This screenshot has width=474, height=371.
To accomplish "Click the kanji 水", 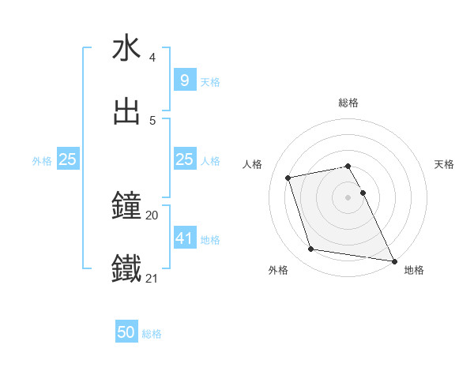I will click(x=127, y=48).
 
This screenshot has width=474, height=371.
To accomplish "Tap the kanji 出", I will click(x=127, y=111).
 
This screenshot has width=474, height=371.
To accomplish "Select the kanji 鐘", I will click(x=127, y=207).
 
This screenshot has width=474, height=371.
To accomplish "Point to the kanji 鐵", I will click(x=127, y=269).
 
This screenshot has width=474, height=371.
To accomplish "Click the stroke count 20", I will click(x=152, y=215).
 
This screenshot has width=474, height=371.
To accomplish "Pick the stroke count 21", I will click(x=152, y=278).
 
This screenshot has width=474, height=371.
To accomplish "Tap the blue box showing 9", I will click(x=184, y=80).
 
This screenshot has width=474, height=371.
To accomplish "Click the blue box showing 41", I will click(x=184, y=237).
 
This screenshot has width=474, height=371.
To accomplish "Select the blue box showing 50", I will click(x=126, y=332).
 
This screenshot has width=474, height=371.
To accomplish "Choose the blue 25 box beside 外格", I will click(x=68, y=159).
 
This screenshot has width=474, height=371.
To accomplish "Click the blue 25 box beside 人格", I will click(x=184, y=159).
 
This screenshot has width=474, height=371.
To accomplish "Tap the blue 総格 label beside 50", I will click(x=152, y=334).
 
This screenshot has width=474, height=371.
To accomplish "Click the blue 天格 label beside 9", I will click(x=210, y=81).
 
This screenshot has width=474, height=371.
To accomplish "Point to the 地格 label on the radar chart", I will click(x=414, y=270).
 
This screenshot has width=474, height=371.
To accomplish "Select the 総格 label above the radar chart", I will click(x=348, y=103).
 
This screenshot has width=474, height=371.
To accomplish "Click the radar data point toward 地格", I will click(x=393, y=260).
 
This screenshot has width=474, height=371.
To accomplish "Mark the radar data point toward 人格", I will click(x=288, y=177).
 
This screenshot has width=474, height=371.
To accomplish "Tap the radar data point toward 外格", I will click(x=311, y=249).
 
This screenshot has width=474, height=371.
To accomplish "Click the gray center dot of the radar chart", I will click(x=348, y=197).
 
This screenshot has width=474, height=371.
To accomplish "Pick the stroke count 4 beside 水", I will click(x=152, y=58).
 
